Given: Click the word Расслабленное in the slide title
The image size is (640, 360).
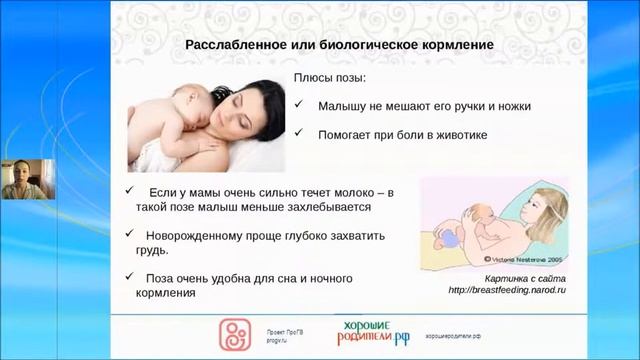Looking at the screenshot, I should [236, 45].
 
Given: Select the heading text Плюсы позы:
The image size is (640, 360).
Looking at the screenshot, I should [329, 78].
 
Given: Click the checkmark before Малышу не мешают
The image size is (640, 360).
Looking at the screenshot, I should [300, 105].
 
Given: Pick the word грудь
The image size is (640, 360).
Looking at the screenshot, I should [149, 252].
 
